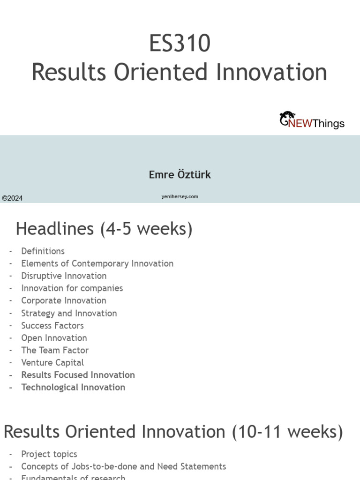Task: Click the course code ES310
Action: pyautogui.click(x=180, y=44)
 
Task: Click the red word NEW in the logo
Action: pyautogui.click(x=300, y=124)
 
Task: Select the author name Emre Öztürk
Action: pyautogui.click(x=180, y=175)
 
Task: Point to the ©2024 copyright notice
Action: pyautogui.click(x=12, y=198)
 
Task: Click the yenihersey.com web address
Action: pyautogui.click(x=180, y=197)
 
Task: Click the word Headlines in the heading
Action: pyautogui.click(x=55, y=229)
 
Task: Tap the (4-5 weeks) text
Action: pyautogui.click(x=146, y=229)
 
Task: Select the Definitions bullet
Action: pyautogui.click(x=43, y=251)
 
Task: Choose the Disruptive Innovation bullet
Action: pyautogui.click(x=64, y=276)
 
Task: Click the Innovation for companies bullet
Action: pyautogui.click(x=72, y=288)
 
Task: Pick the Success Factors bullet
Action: pyautogui.click(x=52, y=325)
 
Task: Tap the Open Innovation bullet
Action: pyautogui.click(x=54, y=338)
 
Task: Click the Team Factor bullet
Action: pyautogui.click(x=55, y=350)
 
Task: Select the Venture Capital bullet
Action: pyautogui.click(x=52, y=363)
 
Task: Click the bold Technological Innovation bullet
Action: pyautogui.click(x=73, y=387)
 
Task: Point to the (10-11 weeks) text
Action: pyautogui.click(x=287, y=432)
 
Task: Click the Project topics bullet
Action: pyautogui.click(x=49, y=454)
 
